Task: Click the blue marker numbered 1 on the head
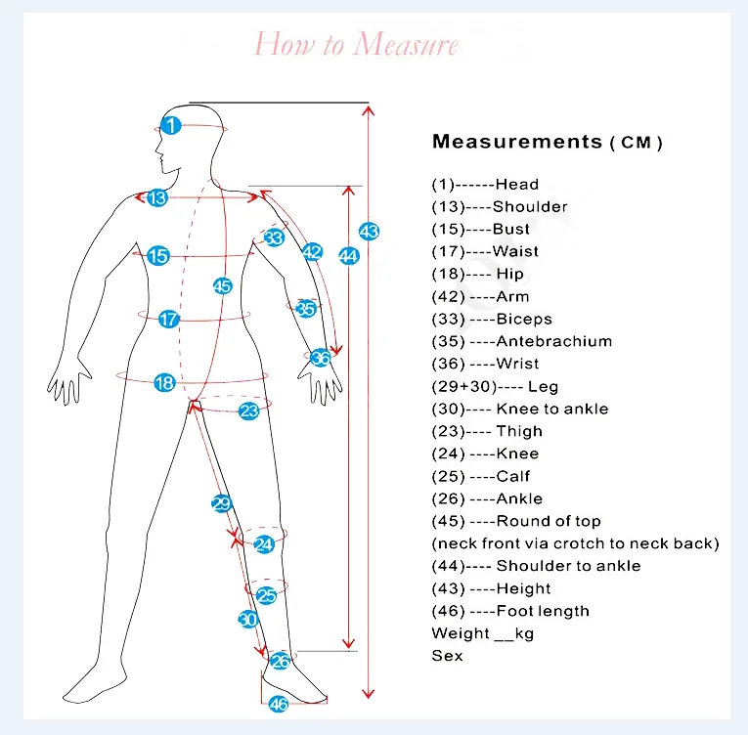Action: click(x=171, y=125)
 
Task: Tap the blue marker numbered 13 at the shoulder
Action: click(x=157, y=197)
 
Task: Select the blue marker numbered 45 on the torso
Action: click(x=222, y=286)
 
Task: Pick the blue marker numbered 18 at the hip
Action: click(x=164, y=383)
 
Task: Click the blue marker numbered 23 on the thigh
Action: click(x=248, y=411)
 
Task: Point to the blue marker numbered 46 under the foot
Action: click(x=279, y=704)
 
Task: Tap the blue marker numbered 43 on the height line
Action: click(x=369, y=232)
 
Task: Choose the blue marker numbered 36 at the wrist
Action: click(x=320, y=358)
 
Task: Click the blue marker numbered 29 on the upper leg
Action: click(x=221, y=503)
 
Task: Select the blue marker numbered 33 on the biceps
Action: click(x=274, y=238)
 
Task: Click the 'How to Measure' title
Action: click(x=356, y=45)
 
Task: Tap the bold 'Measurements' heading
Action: click(x=517, y=142)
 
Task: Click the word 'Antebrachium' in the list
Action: click(x=553, y=341)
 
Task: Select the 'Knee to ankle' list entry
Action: click(x=551, y=409)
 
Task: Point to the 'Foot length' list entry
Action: click(x=543, y=611)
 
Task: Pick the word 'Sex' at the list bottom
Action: click(x=447, y=656)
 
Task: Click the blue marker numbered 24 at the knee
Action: click(x=264, y=543)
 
